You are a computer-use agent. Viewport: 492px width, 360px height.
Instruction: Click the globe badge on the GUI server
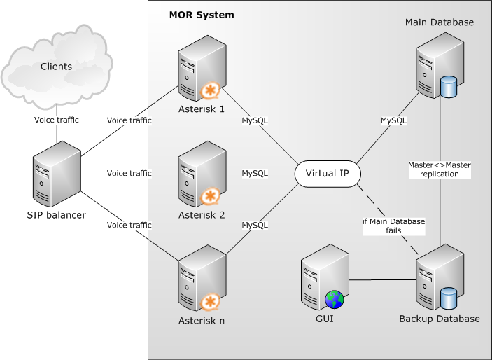pyautogui.click(x=335, y=299)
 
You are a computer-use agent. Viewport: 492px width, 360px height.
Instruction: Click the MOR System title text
pyautogui.click(x=202, y=15)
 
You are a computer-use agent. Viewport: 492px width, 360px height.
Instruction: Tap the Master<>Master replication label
pyautogui.click(x=440, y=169)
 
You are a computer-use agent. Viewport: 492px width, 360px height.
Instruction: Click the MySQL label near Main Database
pyautogui.click(x=393, y=120)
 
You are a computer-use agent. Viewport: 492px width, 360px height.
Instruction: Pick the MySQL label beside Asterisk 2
pyautogui.click(x=255, y=173)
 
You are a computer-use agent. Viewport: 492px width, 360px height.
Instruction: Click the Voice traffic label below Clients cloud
pyautogui.click(x=57, y=120)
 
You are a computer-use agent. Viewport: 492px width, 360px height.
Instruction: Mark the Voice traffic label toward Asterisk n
pyautogui.click(x=129, y=225)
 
